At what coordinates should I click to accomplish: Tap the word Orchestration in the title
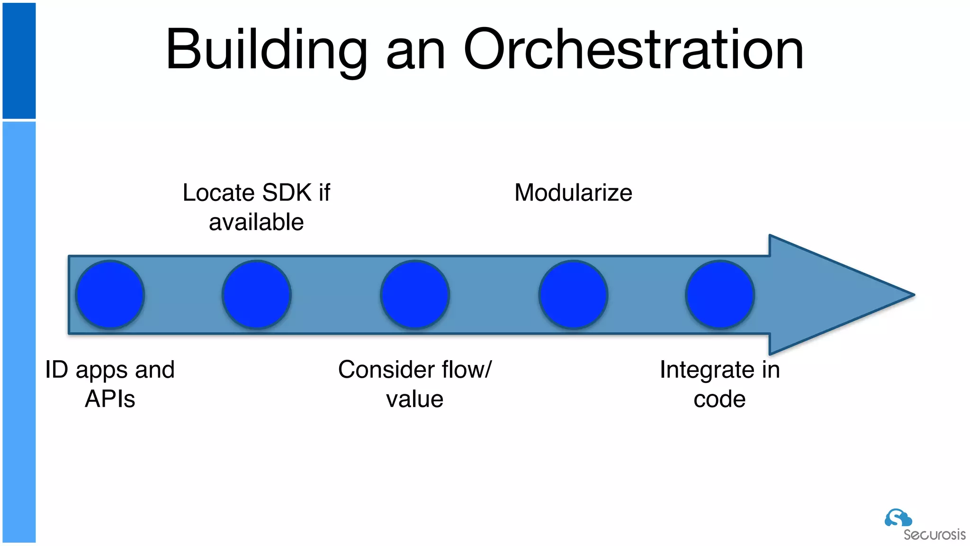click(x=633, y=50)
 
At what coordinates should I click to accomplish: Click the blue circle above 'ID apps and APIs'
click(x=110, y=295)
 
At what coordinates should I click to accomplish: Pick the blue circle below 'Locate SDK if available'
click(x=256, y=295)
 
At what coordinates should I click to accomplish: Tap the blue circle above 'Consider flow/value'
click(x=415, y=295)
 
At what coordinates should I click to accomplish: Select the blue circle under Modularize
click(x=573, y=295)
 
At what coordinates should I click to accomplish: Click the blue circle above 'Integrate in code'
click(x=719, y=295)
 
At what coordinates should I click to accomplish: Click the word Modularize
click(x=573, y=193)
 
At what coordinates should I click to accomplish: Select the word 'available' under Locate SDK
click(x=256, y=222)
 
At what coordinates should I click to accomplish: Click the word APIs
click(x=110, y=399)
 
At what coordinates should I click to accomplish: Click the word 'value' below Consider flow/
click(x=415, y=399)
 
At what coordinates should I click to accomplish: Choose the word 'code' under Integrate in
click(x=719, y=399)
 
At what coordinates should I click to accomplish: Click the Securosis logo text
click(x=934, y=535)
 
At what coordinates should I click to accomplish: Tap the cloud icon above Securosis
click(x=898, y=518)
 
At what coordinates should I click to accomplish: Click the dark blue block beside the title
click(x=19, y=60)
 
